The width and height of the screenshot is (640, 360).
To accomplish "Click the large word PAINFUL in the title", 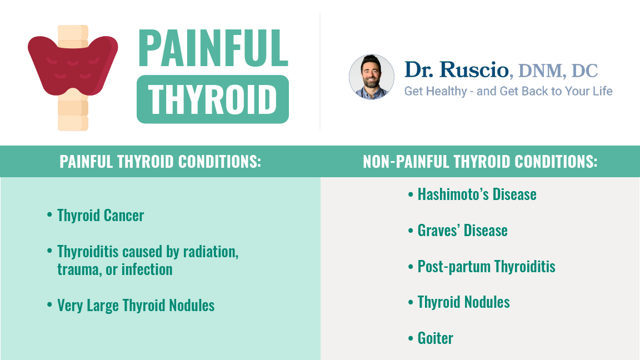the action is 213,48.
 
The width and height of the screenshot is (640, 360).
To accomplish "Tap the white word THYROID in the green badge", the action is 212,99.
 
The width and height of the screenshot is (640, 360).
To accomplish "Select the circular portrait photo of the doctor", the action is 372,77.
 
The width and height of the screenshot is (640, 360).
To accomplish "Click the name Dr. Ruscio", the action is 456,69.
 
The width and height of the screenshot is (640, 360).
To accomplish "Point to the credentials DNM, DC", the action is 558,71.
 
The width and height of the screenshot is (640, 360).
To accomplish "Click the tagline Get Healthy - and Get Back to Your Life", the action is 508,91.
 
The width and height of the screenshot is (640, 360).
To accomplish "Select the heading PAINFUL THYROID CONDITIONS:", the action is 161,162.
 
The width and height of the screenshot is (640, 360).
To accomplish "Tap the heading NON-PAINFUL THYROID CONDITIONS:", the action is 480,162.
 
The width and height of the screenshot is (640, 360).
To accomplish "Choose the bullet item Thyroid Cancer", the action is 101,216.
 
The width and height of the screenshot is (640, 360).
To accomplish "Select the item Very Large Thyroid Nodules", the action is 136,306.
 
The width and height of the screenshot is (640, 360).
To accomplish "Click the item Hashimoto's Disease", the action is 477,194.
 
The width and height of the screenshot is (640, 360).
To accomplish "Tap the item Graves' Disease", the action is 462,231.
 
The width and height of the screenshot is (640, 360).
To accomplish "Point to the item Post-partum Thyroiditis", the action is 486,267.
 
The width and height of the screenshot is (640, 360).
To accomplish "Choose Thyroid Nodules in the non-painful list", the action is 464,302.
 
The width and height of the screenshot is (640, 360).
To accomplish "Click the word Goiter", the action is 435,338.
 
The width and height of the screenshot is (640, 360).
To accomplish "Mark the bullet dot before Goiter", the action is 411,338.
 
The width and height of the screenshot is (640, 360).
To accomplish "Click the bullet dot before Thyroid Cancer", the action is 49,214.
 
